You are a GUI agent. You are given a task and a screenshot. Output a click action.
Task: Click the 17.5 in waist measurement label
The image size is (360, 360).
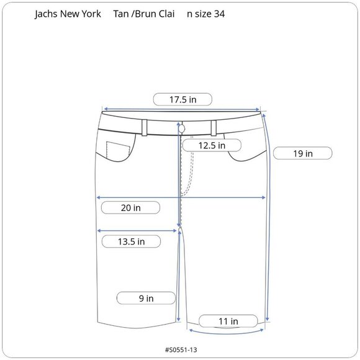click(182, 99)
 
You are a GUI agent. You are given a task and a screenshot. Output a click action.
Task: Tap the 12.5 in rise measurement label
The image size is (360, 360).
click(211, 145)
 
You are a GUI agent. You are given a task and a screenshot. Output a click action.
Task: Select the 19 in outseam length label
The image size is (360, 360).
click(302, 153)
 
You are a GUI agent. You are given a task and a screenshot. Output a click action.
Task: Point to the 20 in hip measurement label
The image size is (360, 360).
click(131, 208)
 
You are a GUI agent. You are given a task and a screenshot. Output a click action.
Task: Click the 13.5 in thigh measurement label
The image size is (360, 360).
click(131, 241)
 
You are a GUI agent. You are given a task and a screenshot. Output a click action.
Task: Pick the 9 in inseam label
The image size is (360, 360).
click(145, 299)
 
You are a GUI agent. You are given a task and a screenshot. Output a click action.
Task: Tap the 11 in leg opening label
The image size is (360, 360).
click(228, 321)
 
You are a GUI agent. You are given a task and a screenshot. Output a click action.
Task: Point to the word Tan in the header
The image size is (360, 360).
click(121, 14)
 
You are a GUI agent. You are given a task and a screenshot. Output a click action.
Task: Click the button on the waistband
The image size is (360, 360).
click(181, 127)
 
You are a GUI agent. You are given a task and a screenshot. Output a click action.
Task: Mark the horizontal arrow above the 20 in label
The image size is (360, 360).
click(182, 198)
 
